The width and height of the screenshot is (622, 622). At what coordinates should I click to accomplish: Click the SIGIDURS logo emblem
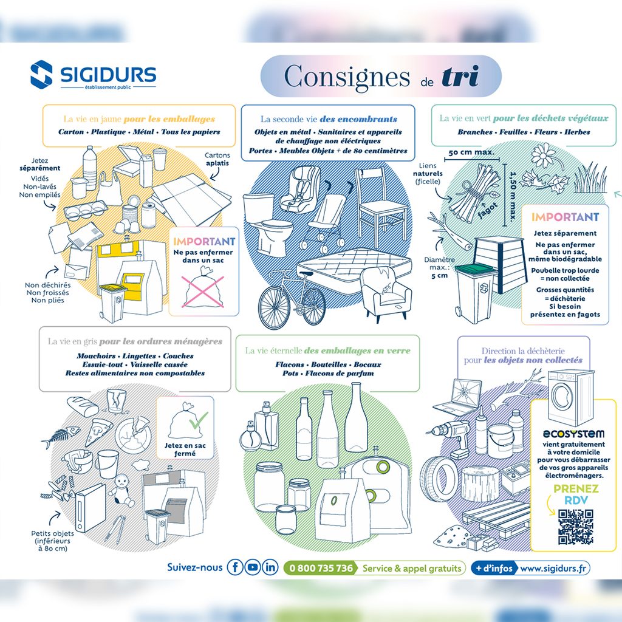[41, 73]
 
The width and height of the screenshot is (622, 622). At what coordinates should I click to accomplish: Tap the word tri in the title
[460, 76]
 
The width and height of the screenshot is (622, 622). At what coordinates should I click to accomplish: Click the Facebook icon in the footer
[235, 567]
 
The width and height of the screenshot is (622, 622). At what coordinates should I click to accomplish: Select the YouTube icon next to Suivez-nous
[252, 567]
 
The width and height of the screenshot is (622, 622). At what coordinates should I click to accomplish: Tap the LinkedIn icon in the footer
[270, 567]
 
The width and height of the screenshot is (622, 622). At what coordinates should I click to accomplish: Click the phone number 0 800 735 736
[321, 568]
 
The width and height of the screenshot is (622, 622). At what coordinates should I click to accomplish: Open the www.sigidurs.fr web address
[553, 568]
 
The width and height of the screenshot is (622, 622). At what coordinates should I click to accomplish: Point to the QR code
[576, 527]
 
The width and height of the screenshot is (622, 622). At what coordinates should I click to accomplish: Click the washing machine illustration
[570, 397]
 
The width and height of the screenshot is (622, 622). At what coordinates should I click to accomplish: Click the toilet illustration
[267, 224]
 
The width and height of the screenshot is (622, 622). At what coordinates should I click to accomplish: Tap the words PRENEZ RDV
[576, 494]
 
